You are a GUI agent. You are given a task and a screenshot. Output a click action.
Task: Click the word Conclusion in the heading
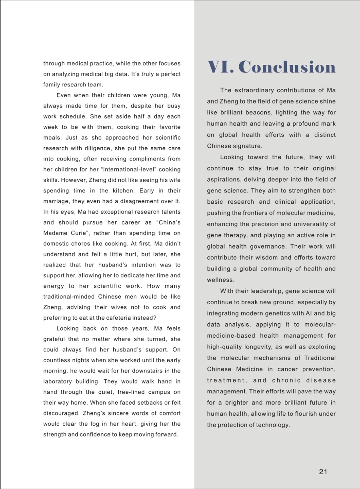pos(288,67)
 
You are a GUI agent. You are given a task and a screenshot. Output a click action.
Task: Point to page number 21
pos(323,471)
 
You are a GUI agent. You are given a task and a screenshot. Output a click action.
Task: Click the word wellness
pos(220,280)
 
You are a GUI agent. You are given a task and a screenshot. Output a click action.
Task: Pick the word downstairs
pos(144,371)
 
